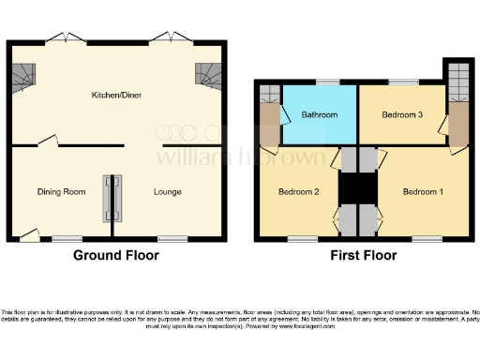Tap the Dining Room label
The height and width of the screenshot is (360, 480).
click(x=61, y=192)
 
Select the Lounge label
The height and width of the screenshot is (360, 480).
click(x=167, y=192)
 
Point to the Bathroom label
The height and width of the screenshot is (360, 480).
click(x=319, y=116)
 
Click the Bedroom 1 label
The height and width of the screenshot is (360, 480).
click(x=423, y=192)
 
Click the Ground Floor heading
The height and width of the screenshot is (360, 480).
click(x=117, y=255)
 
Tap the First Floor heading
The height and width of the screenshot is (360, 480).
click(x=360, y=255)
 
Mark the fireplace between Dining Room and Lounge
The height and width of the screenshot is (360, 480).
click(x=112, y=198)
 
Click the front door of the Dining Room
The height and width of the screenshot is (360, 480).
click(x=30, y=234)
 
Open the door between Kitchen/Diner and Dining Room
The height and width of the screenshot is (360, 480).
click(x=47, y=142)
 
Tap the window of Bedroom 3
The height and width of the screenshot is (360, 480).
click(x=403, y=82)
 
